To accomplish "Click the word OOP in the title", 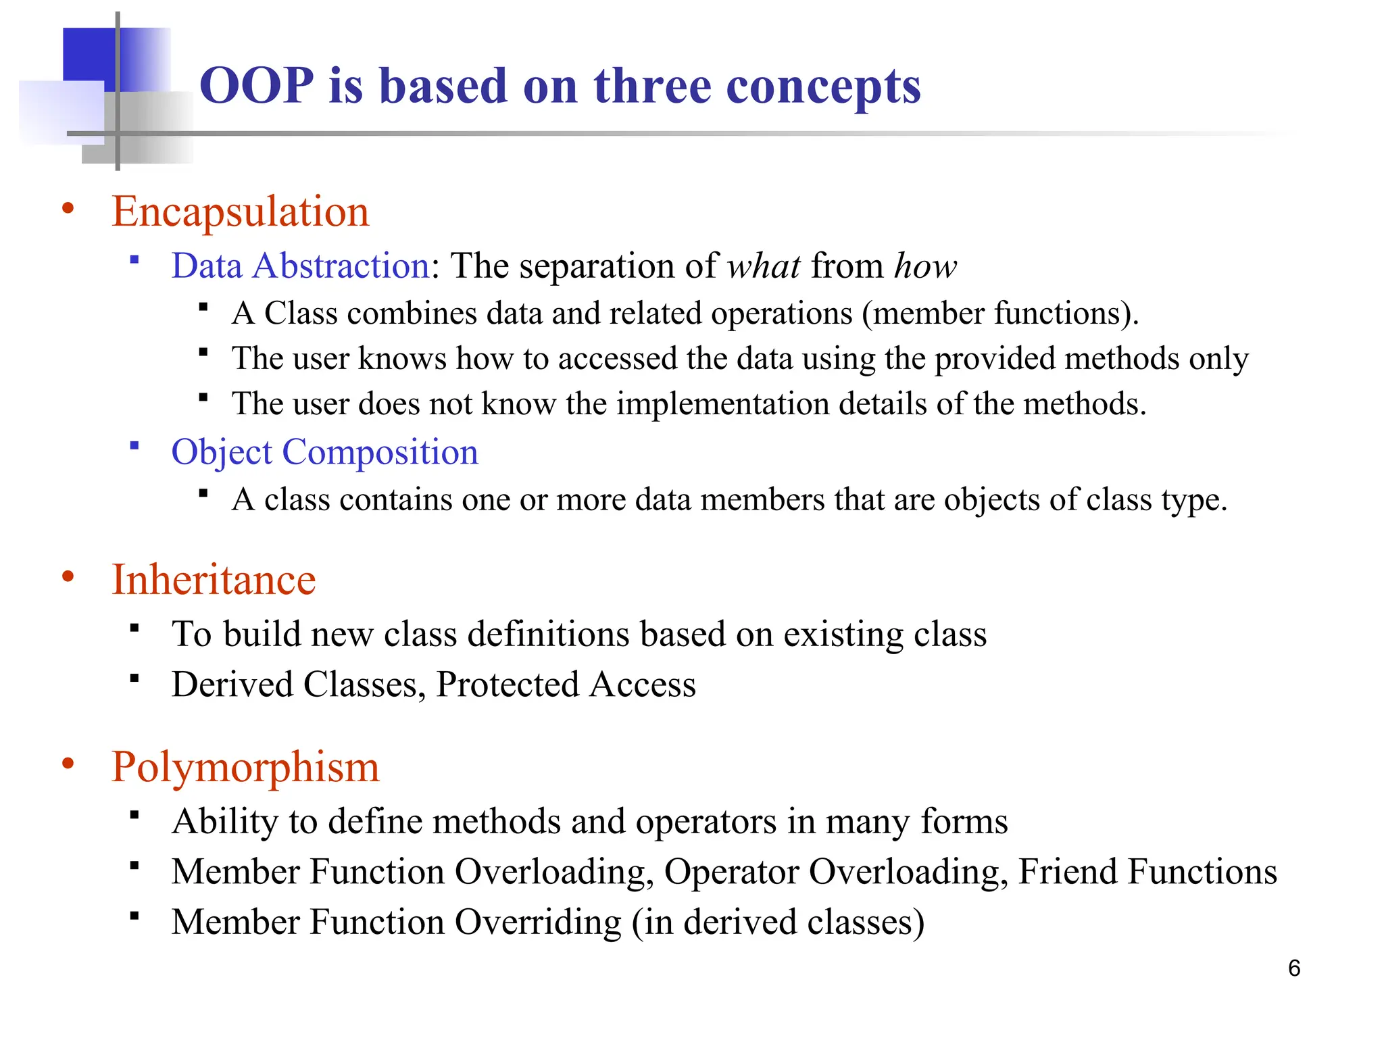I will tap(257, 86).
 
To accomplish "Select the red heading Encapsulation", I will tap(240, 212).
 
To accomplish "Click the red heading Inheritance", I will tap(214, 580).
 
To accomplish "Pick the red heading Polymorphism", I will tap(245, 767).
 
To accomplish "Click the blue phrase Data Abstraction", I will tap(301, 266).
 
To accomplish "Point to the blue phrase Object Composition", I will tap(324, 451).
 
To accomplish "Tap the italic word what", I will tap(764, 266).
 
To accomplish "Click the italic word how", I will tap(925, 266).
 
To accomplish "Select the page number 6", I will tap(1294, 968).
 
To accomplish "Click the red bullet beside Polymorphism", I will tap(68, 764).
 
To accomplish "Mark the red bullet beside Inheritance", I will tap(68, 577).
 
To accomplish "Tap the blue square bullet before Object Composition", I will tap(134, 445).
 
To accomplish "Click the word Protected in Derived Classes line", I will tap(508, 685).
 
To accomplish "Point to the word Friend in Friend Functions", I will tap(1066, 871).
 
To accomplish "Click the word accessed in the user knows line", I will tap(617, 358).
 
